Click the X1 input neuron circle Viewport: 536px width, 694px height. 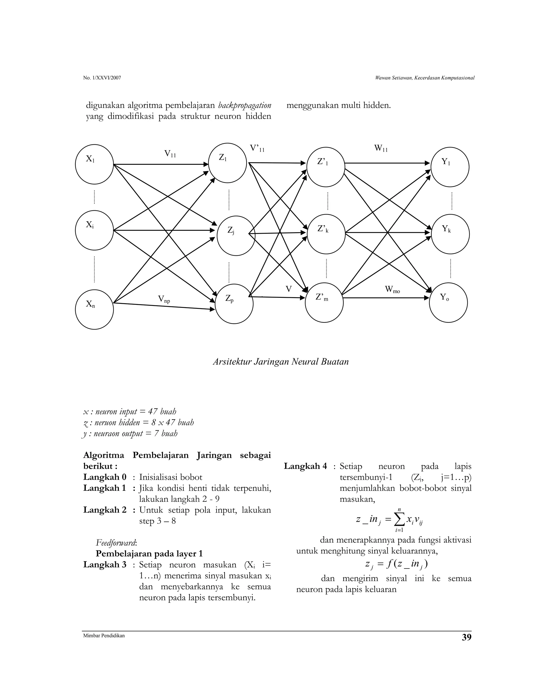coord(94,164)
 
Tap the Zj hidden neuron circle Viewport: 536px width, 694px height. coord(236,235)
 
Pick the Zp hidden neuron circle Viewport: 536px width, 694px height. coord(234,304)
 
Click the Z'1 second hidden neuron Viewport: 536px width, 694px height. coord(326,167)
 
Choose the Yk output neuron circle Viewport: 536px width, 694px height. coord(450,234)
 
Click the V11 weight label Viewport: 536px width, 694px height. coord(170,154)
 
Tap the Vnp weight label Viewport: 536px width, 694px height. coord(164,299)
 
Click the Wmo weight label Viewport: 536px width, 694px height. coord(393,289)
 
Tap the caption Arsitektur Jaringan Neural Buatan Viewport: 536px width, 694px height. coord(281,362)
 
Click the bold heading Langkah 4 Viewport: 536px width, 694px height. coord(305,466)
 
